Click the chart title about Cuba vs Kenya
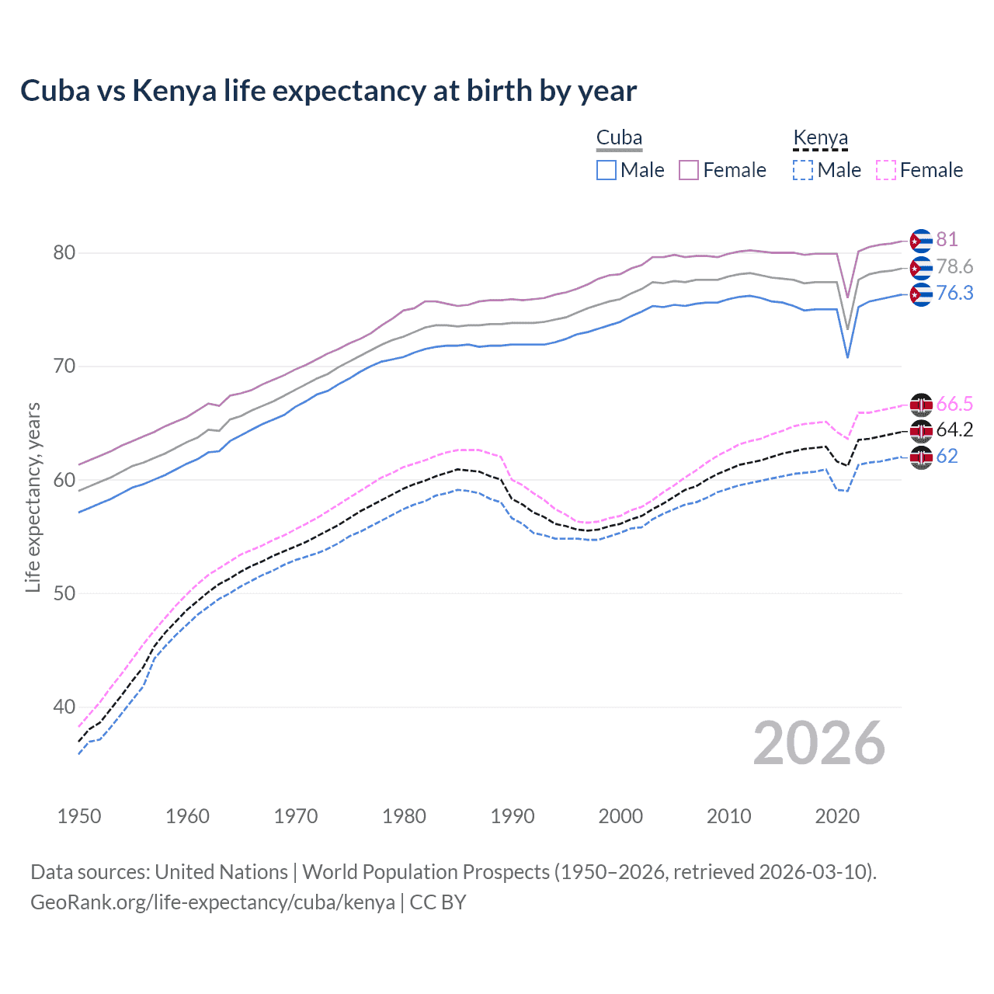pos(328,91)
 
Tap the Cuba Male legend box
pos(606,170)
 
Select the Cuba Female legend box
pos(689,170)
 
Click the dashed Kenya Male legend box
pos(803,170)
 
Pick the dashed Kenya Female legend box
pos(885,170)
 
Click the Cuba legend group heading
pos(619,137)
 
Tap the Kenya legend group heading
pos(820,137)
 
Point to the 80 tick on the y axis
pos(64,252)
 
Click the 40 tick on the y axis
pos(64,707)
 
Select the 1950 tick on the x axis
pos(79,816)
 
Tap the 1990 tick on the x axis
pos(513,816)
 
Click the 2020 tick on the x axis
pos(837,816)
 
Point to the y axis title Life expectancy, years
pos(33,497)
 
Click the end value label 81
pos(947,239)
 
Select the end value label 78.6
pos(954,266)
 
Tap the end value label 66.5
pos(954,404)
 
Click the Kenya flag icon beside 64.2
pos(921,431)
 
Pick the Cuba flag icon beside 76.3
pos(921,294)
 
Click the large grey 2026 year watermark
pos(819,743)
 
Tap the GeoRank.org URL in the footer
pos(212,902)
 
